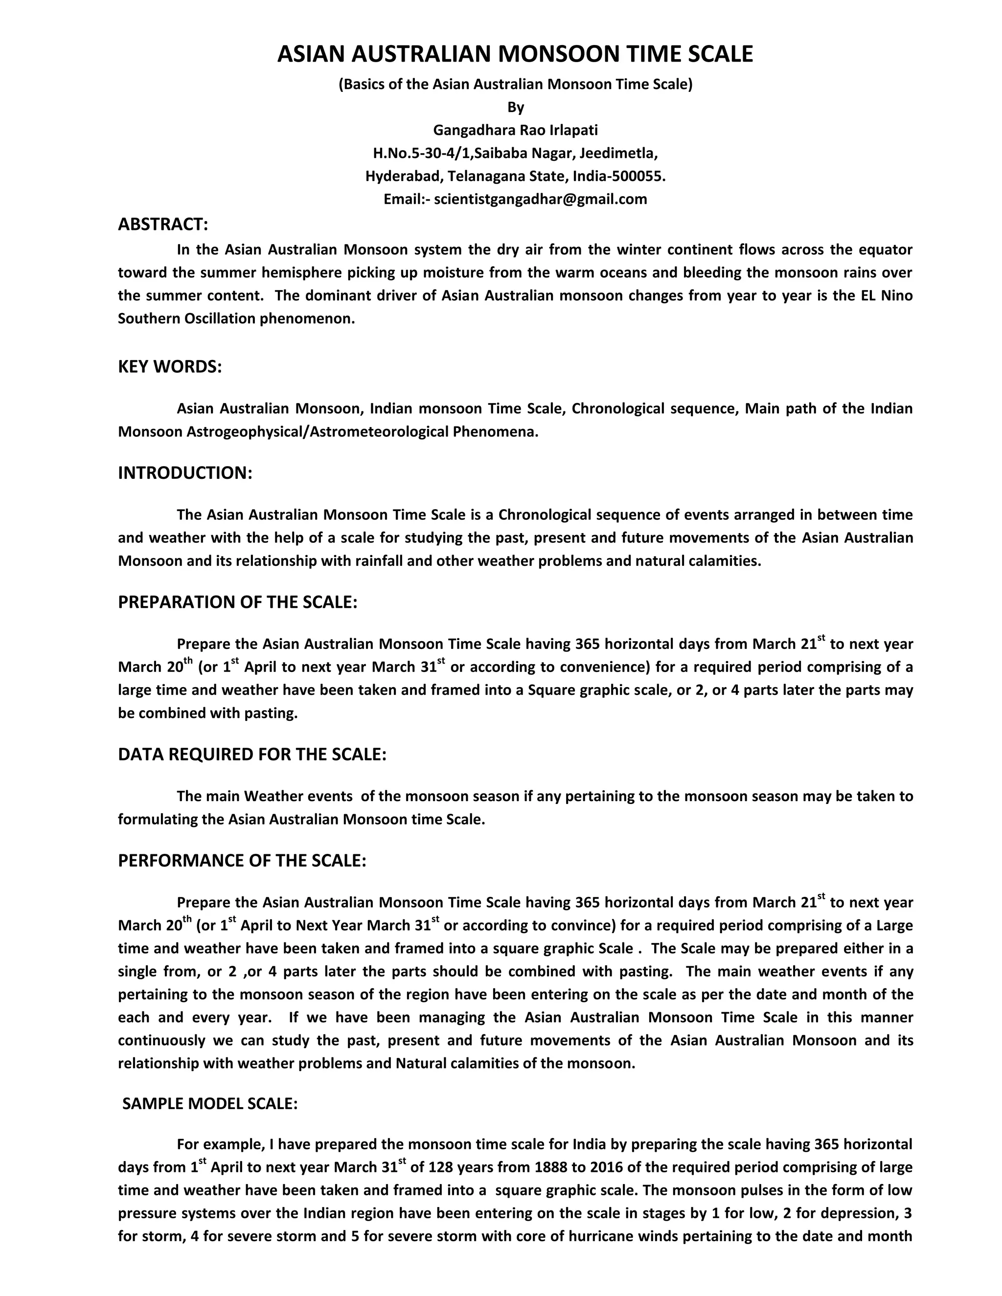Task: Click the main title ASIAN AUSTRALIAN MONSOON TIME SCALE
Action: (515, 54)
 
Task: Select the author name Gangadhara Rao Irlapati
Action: (515, 130)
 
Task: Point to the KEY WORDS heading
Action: (170, 367)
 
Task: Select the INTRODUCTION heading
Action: (185, 473)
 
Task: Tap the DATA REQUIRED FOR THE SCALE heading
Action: (251, 754)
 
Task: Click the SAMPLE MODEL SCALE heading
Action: (209, 1104)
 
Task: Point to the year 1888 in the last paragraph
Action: (551, 1167)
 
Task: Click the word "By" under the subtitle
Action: (515, 108)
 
